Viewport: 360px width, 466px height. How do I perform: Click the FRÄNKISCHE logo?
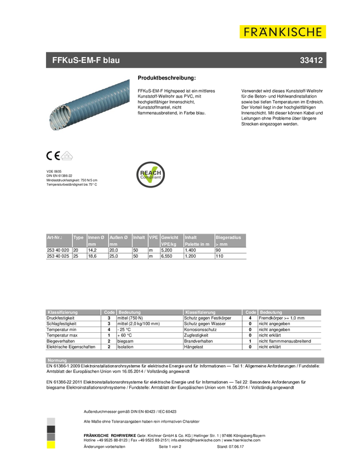coord(283,32)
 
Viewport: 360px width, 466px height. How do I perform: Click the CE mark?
coord(53,156)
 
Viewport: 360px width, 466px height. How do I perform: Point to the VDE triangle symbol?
coord(67,156)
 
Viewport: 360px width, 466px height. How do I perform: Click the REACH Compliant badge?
coord(151,174)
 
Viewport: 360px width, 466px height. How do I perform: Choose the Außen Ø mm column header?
coord(119,241)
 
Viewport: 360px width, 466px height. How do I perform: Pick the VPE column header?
coord(153,238)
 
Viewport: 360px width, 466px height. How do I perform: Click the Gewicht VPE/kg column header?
coord(171,241)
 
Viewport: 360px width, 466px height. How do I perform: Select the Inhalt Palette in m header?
coord(198,241)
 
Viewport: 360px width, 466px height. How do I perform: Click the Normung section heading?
coord(58,360)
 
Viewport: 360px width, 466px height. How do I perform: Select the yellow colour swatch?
coord(50,445)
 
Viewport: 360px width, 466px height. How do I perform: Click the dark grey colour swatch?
coord(50,436)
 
